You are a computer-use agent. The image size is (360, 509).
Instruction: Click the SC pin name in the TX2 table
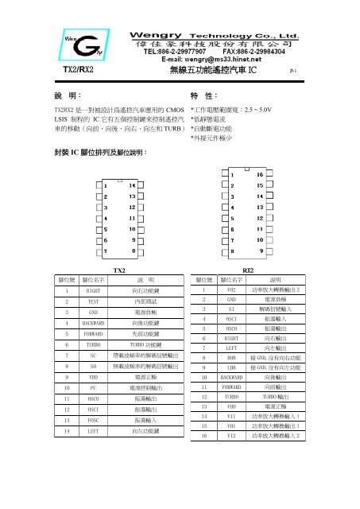click(93, 356)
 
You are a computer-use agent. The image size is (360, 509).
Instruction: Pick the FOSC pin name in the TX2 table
click(93, 418)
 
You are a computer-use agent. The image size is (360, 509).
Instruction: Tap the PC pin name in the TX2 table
click(93, 387)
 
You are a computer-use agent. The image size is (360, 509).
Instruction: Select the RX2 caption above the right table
click(248, 270)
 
